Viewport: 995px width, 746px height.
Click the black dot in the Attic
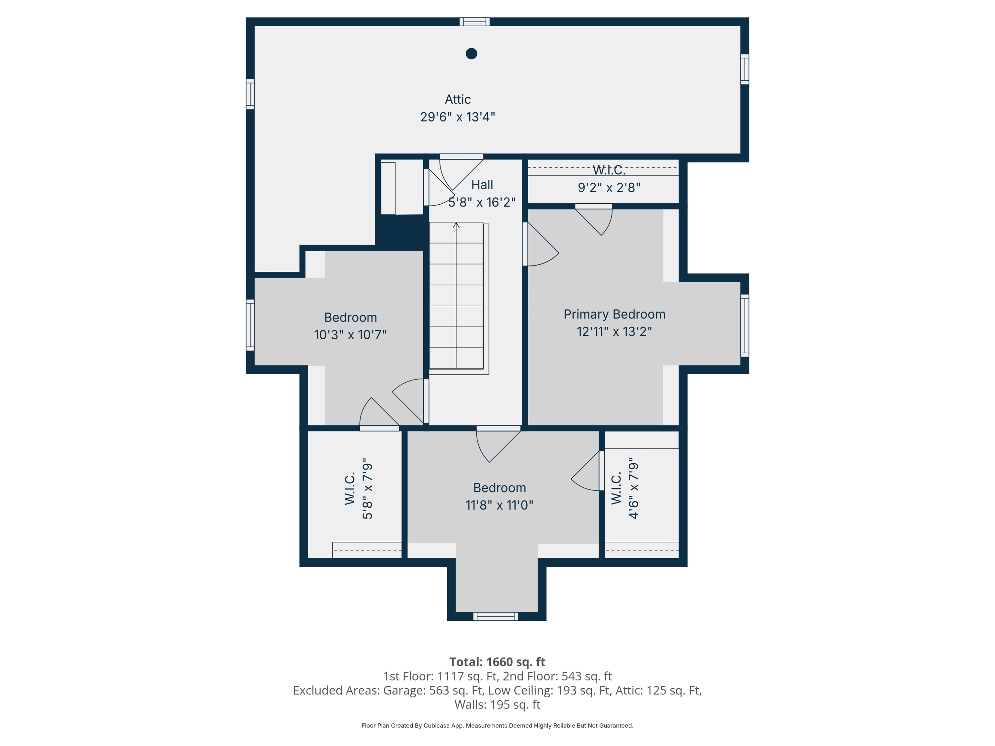(x=471, y=53)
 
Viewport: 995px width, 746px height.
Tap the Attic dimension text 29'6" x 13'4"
(x=457, y=117)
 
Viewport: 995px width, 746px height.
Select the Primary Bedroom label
(x=614, y=314)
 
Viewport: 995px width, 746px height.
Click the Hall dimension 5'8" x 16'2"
(x=482, y=202)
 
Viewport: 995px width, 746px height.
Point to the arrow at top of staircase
(x=456, y=225)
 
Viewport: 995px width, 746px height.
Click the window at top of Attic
(x=474, y=22)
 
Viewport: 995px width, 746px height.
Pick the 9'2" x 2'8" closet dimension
(x=609, y=187)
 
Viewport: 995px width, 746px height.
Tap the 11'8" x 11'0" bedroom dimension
(x=499, y=505)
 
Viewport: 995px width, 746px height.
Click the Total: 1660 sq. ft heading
(x=497, y=662)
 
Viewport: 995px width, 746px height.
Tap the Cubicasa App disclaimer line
(x=497, y=725)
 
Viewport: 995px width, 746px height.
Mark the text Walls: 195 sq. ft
(x=497, y=705)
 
